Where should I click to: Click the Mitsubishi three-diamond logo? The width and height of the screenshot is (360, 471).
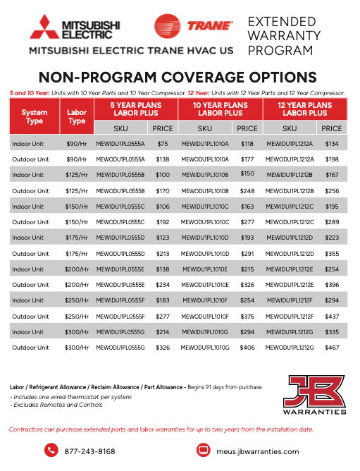pyautogui.click(x=44, y=27)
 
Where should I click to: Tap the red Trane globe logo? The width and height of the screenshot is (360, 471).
pyautogui.click(x=168, y=26)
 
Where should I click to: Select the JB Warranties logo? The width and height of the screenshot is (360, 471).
pyautogui.click(x=314, y=395)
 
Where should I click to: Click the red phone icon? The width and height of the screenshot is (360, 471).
pyautogui.click(x=51, y=451)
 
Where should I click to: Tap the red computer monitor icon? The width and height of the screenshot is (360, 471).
pyautogui.click(x=204, y=451)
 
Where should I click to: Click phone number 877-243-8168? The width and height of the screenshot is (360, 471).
pyautogui.click(x=89, y=451)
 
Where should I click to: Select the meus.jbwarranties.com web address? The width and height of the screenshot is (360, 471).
pyautogui.click(x=258, y=452)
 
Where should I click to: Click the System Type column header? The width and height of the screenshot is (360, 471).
pyautogui.click(x=35, y=116)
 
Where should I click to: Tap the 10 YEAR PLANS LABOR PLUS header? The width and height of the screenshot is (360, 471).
pyautogui.click(x=221, y=109)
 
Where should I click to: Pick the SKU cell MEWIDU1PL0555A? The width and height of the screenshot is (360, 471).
pyautogui.click(x=120, y=144)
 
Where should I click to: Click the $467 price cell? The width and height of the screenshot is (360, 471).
pyautogui.click(x=332, y=348)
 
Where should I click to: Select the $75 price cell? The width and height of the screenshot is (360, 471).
pyautogui.click(x=163, y=144)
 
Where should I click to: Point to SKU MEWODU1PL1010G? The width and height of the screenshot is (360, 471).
pyautogui.click(x=205, y=348)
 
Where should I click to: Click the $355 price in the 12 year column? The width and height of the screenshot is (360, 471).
pyautogui.click(x=332, y=254)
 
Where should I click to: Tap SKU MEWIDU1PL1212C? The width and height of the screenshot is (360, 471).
pyautogui.click(x=290, y=207)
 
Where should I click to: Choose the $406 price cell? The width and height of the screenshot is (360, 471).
pyautogui.click(x=247, y=348)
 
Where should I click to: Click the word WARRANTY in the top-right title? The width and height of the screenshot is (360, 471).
pyautogui.click(x=285, y=36)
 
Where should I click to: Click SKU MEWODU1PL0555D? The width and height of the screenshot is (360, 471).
pyautogui.click(x=120, y=254)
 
